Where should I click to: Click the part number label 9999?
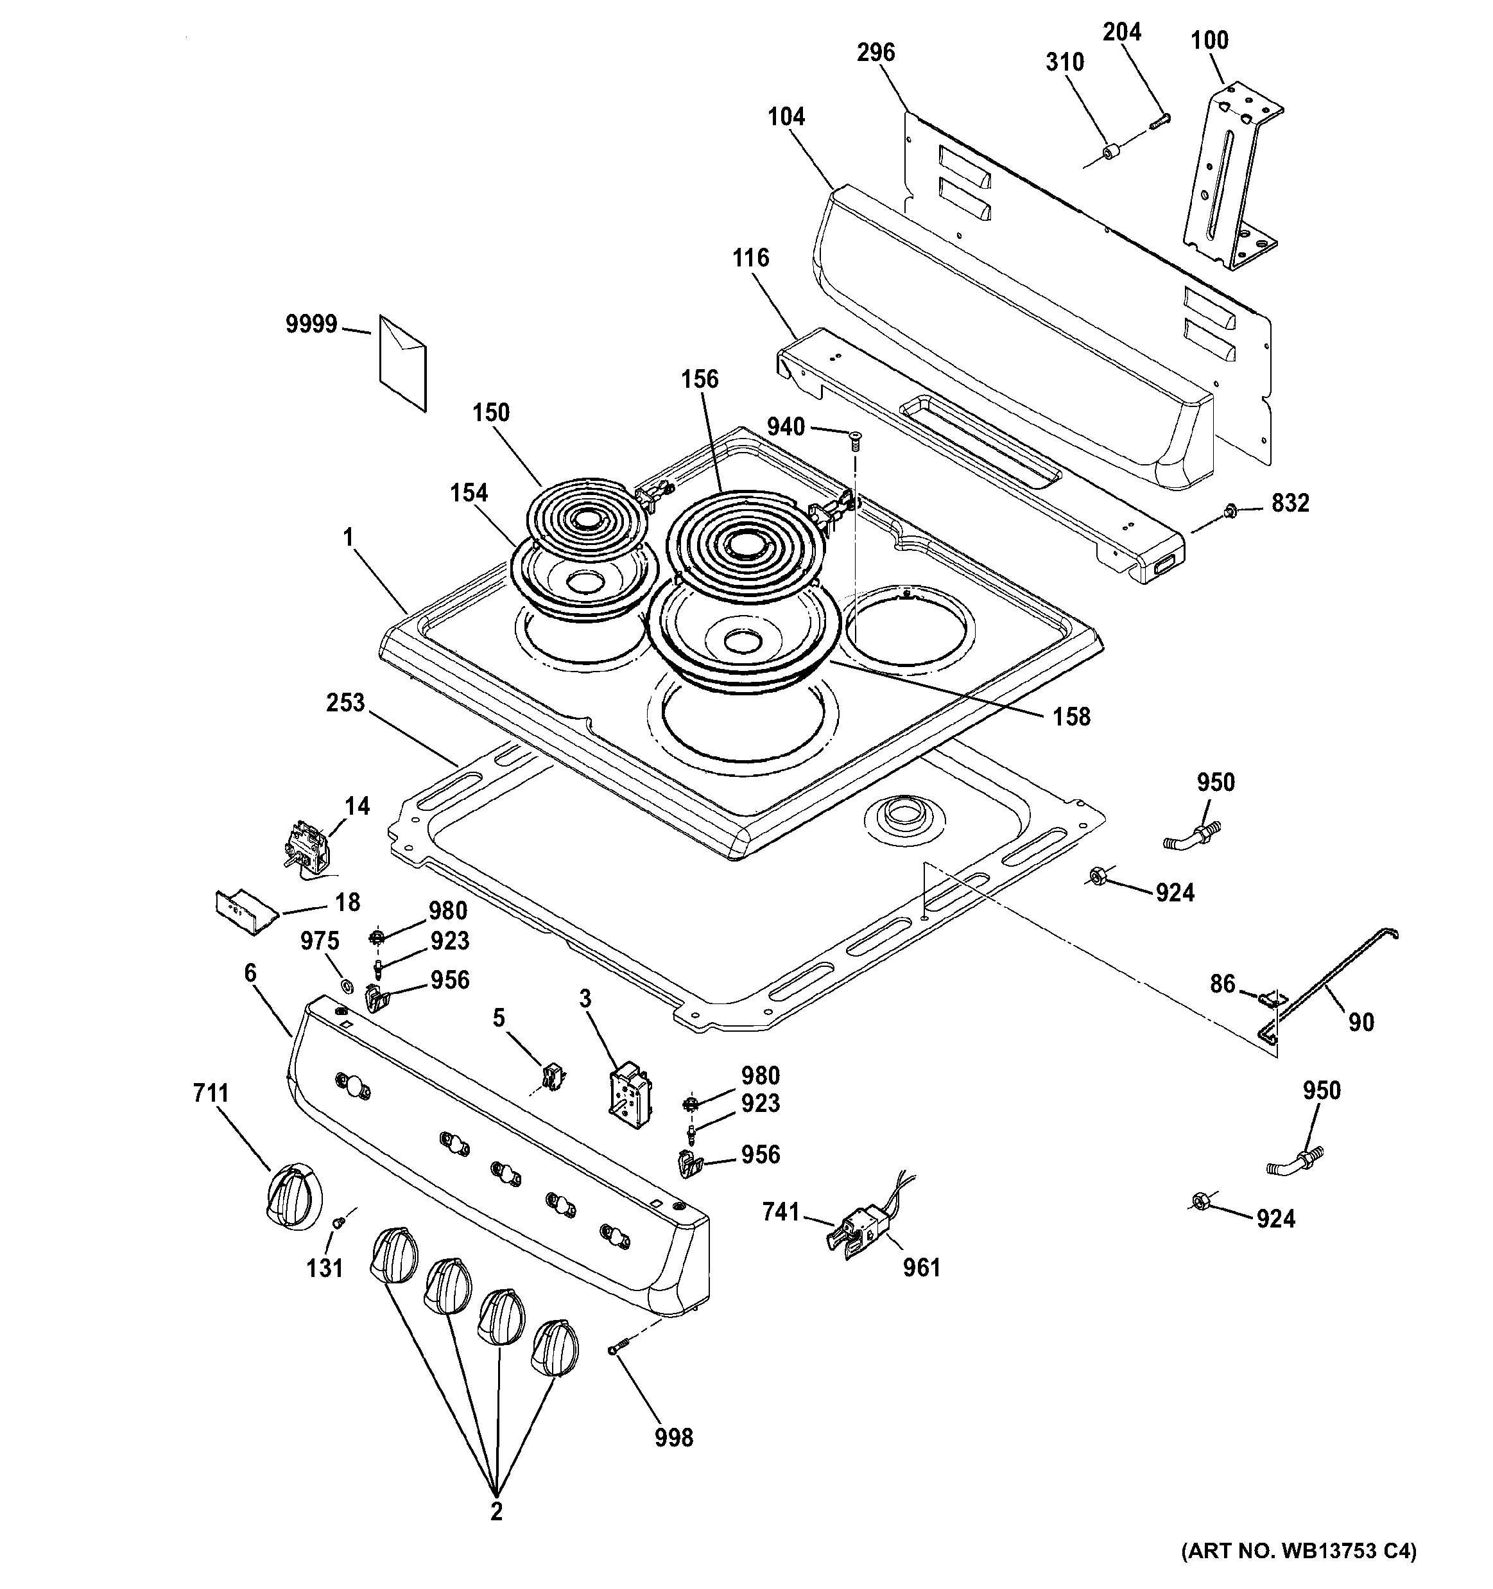point(311,324)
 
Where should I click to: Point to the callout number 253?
point(345,704)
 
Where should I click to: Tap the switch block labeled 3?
point(630,1095)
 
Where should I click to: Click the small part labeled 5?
point(550,1076)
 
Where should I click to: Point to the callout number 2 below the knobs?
point(496,1512)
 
